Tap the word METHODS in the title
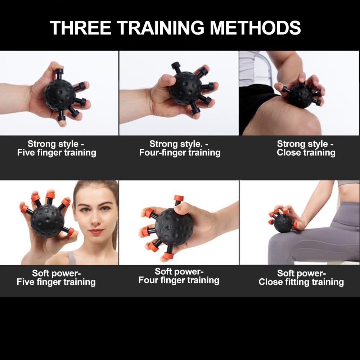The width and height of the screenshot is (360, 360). click(x=255, y=27)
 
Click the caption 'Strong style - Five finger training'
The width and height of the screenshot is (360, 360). click(x=57, y=148)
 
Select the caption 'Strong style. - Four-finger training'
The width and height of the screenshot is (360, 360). click(x=180, y=148)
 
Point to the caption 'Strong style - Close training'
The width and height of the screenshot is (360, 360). click(x=306, y=148)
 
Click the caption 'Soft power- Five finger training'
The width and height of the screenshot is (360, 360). click(x=56, y=278)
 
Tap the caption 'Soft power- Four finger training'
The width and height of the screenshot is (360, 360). click(x=179, y=276)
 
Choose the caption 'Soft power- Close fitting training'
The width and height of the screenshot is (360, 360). click(x=301, y=278)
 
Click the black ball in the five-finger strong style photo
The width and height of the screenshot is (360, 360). click(x=59, y=95)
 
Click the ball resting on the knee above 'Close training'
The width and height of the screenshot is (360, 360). click(x=301, y=96)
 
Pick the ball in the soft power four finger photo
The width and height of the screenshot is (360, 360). click(x=174, y=227)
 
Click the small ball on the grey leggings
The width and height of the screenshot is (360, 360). click(x=283, y=223)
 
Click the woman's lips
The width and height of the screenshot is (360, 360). click(x=96, y=231)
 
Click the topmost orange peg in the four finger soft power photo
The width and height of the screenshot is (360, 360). click(x=179, y=198)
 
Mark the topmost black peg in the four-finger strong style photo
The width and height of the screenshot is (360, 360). click(x=176, y=66)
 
